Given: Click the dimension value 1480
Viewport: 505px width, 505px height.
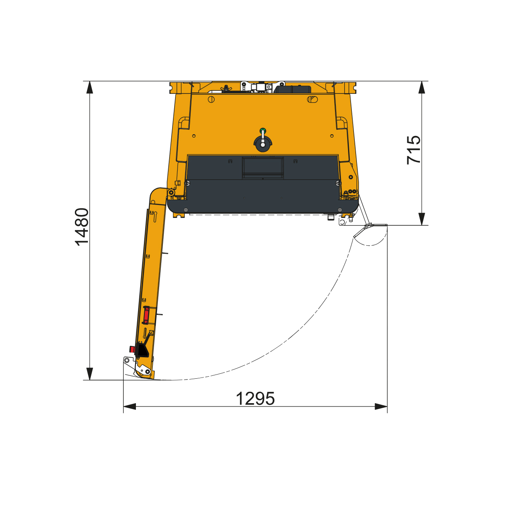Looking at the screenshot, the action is (x=82, y=227).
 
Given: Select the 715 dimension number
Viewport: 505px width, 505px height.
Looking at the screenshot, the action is (x=413, y=150).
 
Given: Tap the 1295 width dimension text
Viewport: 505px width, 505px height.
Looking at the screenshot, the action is (x=255, y=399).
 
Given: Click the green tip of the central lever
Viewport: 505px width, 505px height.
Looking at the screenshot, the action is (x=262, y=130).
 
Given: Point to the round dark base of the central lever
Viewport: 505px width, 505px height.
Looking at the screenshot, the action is (x=263, y=144).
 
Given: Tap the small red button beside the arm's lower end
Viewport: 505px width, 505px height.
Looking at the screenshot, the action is (x=132, y=349).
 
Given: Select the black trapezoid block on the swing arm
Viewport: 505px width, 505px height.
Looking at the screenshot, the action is (x=142, y=351).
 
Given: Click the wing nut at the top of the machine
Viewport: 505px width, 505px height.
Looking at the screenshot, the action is (x=225, y=88).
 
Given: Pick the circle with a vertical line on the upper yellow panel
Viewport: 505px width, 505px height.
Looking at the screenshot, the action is (x=211, y=99).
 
